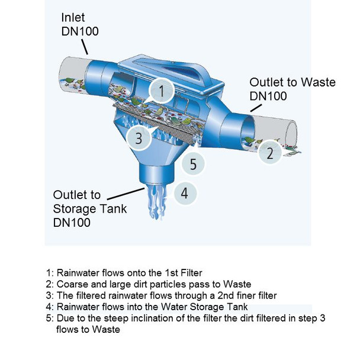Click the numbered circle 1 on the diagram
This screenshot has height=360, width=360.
click(x=162, y=92)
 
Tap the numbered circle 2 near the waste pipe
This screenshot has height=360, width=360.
click(x=270, y=154)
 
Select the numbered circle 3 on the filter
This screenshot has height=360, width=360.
click(x=139, y=139)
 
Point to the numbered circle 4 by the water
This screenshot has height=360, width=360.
click(x=185, y=193)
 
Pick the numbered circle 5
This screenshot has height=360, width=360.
click(x=192, y=162)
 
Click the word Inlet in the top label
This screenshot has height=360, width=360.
click(x=73, y=18)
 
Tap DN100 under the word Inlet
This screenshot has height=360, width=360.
click(x=80, y=31)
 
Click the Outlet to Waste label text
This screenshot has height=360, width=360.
click(x=292, y=82)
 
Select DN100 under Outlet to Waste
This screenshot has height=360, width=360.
click(x=268, y=96)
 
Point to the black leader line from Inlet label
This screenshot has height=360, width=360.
click(x=95, y=47)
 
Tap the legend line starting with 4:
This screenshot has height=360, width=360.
click(x=152, y=307)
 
